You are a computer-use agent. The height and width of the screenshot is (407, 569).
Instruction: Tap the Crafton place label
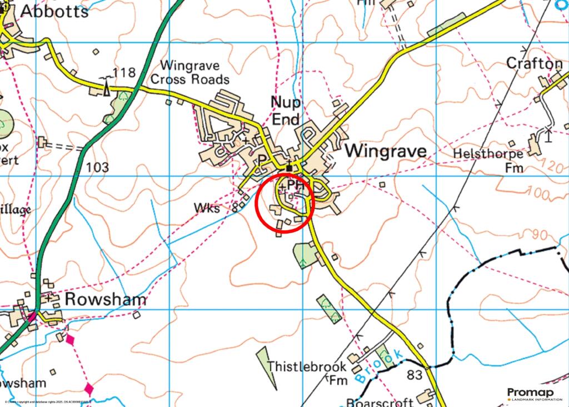[534, 64]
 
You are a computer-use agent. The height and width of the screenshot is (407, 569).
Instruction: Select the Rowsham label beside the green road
[106, 300]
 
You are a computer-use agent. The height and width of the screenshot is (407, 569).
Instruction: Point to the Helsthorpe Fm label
[488, 160]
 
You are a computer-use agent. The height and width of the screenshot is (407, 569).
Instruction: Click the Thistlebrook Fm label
[307, 373]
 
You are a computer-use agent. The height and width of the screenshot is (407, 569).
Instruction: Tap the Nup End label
[286, 111]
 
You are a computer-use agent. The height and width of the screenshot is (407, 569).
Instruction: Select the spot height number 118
[124, 73]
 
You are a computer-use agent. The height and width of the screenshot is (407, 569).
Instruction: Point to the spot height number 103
[97, 167]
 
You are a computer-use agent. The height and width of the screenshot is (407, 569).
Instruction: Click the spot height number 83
[415, 375]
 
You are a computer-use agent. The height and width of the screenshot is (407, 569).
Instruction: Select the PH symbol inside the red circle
[296, 184]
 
